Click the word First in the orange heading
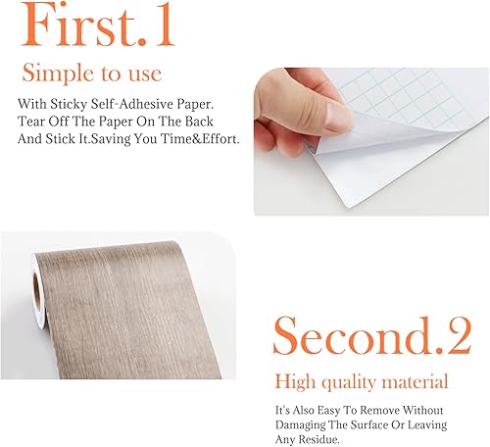(x=78, y=25)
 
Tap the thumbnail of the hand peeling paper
(x=371, y=141)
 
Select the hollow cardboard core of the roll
(x=37, y=292)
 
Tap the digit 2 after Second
(x=459, y=336)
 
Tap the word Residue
(x=313, y=439)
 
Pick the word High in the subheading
(x=295, y=382)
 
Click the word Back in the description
(x=199, y=122)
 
